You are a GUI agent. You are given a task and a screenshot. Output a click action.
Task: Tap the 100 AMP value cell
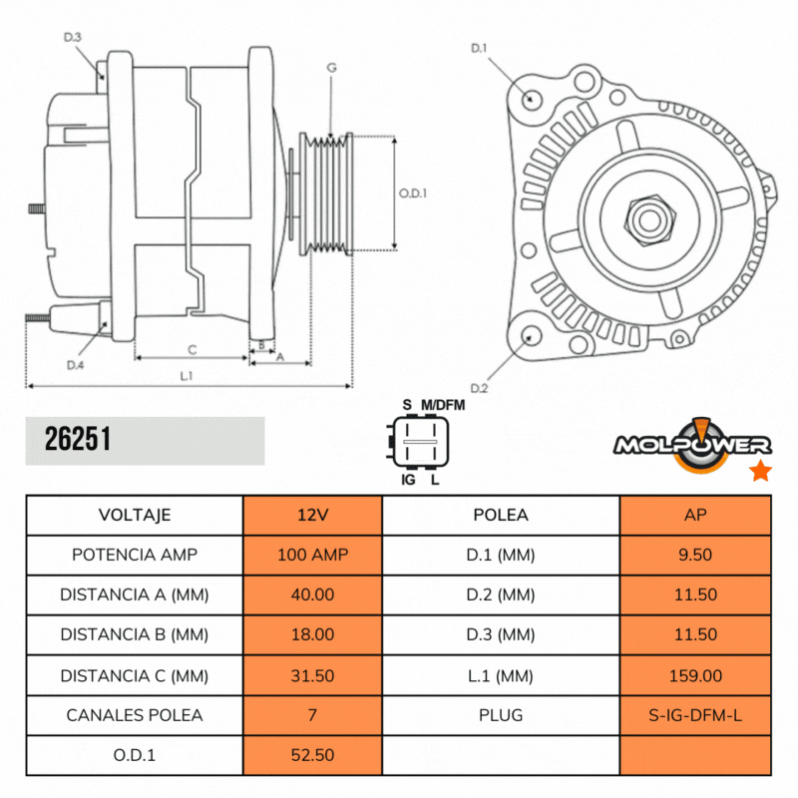[x=312, y=555]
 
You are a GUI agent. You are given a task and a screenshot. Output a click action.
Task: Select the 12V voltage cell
[x=312, y=515]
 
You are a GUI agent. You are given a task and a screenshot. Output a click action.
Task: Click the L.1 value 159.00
[x=695, y=675]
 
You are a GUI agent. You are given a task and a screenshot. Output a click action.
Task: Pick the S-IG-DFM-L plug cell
[x=695, y=715]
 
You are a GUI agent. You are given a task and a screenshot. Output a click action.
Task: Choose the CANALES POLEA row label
[x=135, y=715]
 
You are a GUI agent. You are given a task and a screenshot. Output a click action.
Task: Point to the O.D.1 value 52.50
[x=312, y=755]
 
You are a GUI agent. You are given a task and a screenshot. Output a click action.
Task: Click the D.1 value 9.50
[x=695, y=555]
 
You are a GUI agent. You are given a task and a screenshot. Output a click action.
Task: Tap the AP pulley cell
[x=695, y=515]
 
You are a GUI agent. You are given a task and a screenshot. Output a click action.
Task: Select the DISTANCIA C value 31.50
[x=312, y=675]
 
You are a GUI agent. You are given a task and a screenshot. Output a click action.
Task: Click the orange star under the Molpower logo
[x=760, y=471]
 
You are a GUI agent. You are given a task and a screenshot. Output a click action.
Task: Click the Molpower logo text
[x=688, y=445]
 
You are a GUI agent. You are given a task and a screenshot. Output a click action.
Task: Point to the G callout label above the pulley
[x=331, y=67]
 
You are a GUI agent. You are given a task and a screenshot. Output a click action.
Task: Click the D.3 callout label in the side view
[x=72, y=37]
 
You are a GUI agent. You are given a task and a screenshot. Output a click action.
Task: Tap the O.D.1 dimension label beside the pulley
[x=413, y=194]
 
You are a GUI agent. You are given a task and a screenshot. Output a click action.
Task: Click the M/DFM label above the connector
[x=442, y=404]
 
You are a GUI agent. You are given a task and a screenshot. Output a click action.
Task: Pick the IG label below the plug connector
[x=407, y=481]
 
